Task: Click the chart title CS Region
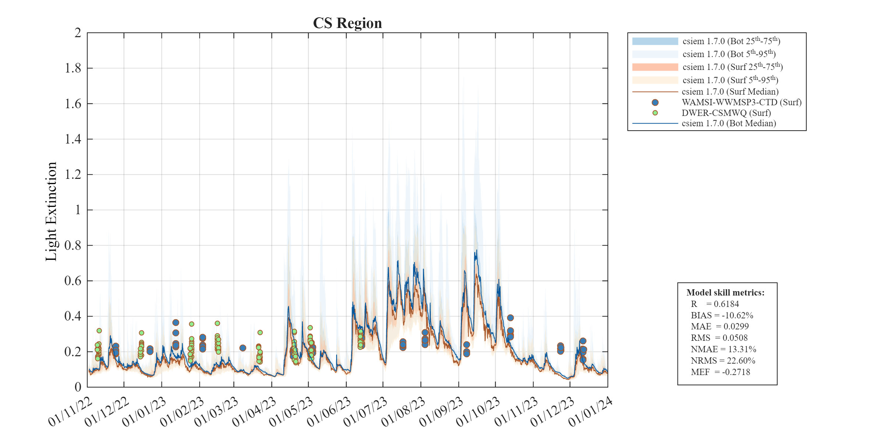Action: click(347, 23)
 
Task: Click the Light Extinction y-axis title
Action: click(51, 212)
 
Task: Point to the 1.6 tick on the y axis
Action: click(73, 104)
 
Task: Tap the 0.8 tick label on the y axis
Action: click(73, 245)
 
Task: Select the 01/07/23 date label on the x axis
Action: click(366, 412)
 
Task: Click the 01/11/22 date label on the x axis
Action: click(70, 412)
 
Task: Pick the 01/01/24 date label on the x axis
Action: click(591, 412)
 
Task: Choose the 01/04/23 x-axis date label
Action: click(254, 412)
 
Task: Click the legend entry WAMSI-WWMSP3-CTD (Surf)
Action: click(741, 102)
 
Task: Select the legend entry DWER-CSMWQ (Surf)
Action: click(726, 113)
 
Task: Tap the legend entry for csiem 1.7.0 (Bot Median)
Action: click(729, 123)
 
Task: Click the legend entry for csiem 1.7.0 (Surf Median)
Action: click(730, 92)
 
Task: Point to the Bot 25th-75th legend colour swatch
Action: click(655, 41)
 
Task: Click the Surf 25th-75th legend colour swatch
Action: click(655, 67)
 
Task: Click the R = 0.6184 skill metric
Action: click(715, 304)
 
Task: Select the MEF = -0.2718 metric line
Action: click(720, 372)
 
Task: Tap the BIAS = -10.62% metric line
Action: click(722, 315)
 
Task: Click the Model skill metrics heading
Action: click(725, 293)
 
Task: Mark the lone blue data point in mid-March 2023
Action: click(243, 348)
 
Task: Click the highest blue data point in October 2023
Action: click(510, 318)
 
